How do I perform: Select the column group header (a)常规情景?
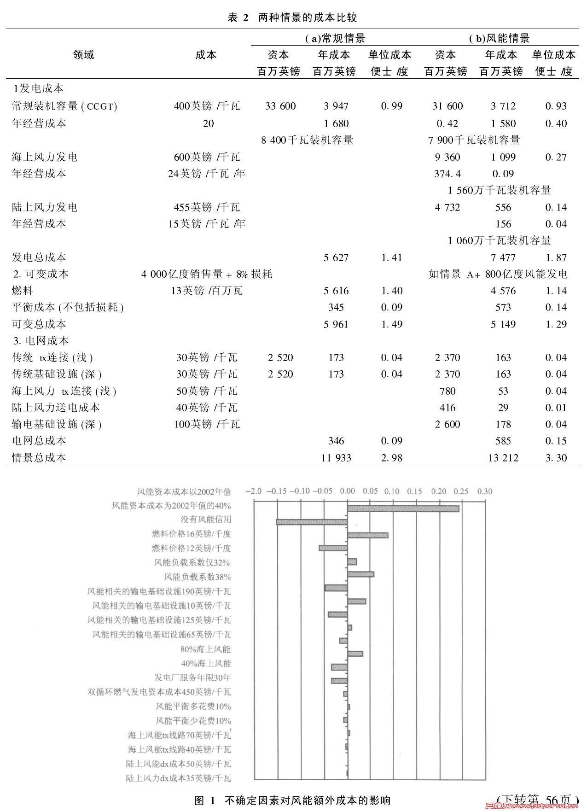pos(335,38)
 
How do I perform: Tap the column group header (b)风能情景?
pos(499,38)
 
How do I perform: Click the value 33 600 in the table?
pos(280,106)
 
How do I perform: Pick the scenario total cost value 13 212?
pos(503,458)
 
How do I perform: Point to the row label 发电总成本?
pos(39,257)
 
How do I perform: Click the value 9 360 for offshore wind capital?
pos(448,157)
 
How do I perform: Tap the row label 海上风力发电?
pos(45,157)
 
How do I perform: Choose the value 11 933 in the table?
pos(336,458)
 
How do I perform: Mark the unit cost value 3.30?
pos(556,458)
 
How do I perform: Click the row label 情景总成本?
pos(39,458)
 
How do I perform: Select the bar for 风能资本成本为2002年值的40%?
pos(403,508)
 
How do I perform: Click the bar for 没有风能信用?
pos(312,522)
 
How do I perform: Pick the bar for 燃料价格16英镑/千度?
pos(367,535)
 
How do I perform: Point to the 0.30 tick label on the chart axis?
pos(485,491)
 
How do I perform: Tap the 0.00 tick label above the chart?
pos(347,491)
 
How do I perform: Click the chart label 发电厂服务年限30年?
pos(192,678)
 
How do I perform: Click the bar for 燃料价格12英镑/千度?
pos(333,548)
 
